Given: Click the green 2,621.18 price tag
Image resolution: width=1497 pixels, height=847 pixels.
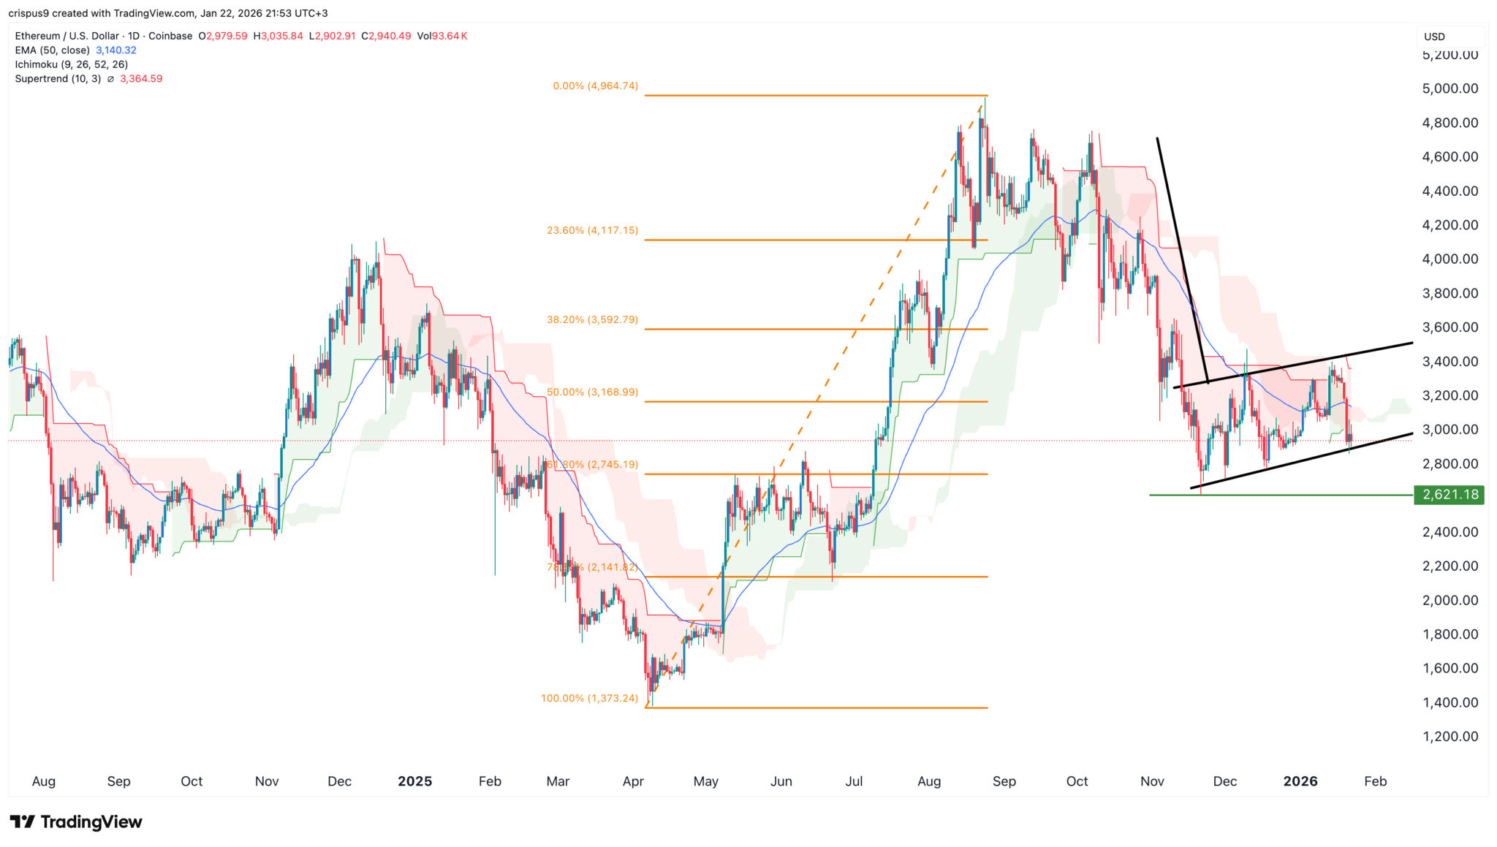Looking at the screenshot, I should click(1449, 495).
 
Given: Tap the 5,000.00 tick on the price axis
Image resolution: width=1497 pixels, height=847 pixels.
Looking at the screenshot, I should click(1449, 88).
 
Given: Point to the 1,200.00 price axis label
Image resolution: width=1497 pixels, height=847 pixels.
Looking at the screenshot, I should click(1449, 737).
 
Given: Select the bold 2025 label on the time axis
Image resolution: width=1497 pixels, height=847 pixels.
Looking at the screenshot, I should click(414, 781).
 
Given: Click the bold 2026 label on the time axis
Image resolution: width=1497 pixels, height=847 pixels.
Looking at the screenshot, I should click(1300, 781).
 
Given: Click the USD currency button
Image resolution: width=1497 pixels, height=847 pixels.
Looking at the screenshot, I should click(1434, 37).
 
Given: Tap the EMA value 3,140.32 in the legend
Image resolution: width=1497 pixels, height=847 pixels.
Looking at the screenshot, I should click(116, 50).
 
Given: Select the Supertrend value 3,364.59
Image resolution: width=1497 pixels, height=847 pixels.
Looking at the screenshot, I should click(141, 79).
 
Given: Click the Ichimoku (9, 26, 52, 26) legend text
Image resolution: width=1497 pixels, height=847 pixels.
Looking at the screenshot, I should click(72, 64).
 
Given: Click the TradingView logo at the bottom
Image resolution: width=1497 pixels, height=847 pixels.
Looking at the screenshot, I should click(76, 822).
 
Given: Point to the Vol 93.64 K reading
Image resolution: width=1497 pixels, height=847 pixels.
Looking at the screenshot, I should click(441, 36).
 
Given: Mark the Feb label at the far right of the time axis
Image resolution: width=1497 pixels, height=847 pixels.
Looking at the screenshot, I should click(1375, 781).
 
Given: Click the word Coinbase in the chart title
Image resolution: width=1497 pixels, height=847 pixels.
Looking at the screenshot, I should click(170, 36).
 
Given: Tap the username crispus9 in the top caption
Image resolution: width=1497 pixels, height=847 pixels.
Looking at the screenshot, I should click(29, 13).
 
